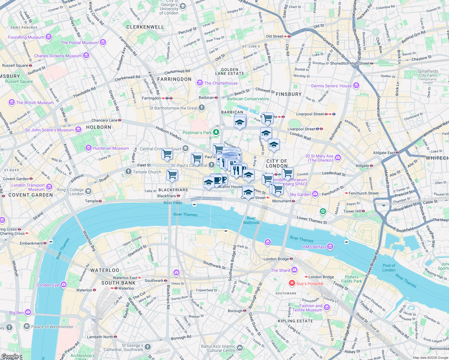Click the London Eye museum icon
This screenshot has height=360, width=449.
[x=63, y=284]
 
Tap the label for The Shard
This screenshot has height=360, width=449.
[x=280, y=270]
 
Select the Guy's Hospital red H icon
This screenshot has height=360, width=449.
[x=292, y=283]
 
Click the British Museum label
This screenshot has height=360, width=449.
[x=35, y=103]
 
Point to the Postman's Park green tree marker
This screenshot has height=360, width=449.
[x=216, y=132]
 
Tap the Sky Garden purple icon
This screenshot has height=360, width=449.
[x=315, y=194]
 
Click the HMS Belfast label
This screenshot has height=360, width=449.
[x=314, y=247]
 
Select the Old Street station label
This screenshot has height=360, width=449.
[x=274, y=36]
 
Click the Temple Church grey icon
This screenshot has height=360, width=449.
[x=128, y=172]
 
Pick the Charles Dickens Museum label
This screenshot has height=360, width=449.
[x=58, y=56]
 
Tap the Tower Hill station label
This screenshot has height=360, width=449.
[x=352, y=211]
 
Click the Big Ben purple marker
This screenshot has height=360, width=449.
[x=28, y=312]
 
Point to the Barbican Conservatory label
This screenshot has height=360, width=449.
[x=248, y=99]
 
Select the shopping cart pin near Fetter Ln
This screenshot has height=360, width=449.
[x=167, y=154]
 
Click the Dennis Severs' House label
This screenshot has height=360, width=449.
[x=331, y=86]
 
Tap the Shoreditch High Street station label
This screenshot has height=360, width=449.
[x=350, y=63]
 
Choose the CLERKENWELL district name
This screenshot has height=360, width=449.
[x=145, y=27]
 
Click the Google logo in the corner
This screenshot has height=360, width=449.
[x=10, y=356]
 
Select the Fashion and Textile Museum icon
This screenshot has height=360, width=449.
[x=327, y=307]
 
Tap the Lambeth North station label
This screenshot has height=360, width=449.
[x=100, y=337]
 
